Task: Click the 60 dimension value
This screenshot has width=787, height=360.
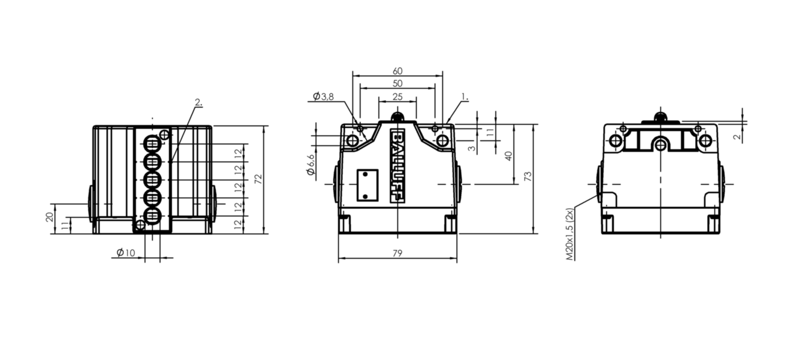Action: pos(397,71)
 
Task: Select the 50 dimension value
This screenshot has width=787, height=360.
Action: pos(397,84)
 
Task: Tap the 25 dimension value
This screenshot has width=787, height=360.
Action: pos(397,96)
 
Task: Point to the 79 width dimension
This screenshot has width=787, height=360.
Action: pos(397,253)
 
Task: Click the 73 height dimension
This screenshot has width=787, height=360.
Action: pos(528,176)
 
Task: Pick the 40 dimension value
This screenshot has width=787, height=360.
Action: pos(508,156)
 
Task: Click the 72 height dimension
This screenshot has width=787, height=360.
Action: pos(258,179)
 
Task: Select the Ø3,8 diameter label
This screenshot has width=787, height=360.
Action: pos(323,96)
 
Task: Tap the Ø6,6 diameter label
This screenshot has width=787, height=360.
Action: pos(311,164)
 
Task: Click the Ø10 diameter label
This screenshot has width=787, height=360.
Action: pos(126,252)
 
